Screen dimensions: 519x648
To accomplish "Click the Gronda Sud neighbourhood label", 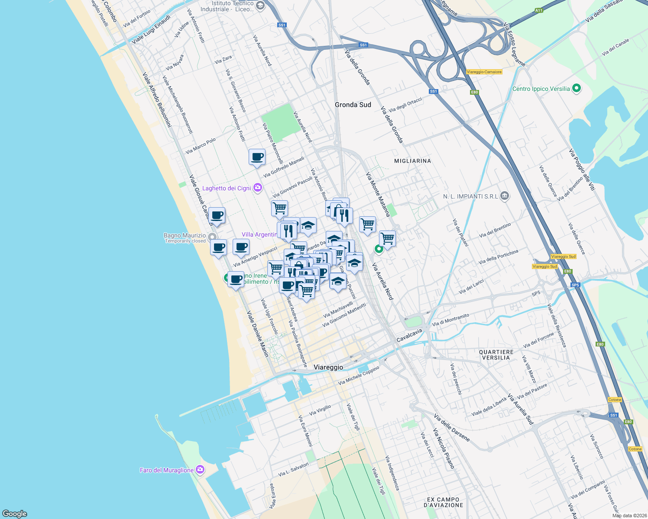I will (353, 105).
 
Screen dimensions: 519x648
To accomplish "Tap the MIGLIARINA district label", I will (412, 161).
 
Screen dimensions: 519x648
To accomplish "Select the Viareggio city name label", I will (328, 367).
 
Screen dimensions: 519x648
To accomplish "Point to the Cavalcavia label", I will (409, 336).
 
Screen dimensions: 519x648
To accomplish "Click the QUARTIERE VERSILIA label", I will (496, 355).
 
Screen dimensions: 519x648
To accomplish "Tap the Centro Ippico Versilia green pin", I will (576, 89).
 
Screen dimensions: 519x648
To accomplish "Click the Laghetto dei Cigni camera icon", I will (258, 188).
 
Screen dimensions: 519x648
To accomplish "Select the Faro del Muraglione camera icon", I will (200, 470).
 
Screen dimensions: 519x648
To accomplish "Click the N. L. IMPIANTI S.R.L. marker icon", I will (504, 196).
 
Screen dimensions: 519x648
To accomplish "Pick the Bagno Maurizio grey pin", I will (212, 237).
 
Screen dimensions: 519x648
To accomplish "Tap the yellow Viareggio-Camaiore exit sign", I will (484, 72).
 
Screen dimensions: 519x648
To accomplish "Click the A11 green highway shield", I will (538, 10).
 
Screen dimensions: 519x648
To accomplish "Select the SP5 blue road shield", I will (575, 285).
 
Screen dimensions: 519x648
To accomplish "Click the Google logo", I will (15, 513).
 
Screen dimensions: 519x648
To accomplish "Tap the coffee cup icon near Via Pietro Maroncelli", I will (257, 157).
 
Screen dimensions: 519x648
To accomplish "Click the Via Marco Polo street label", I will (201, 146).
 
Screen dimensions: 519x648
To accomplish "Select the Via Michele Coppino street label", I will (359, 375).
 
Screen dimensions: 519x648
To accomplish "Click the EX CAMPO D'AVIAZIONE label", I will (443, 502).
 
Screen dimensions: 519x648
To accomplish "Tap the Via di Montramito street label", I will (450, 320).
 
